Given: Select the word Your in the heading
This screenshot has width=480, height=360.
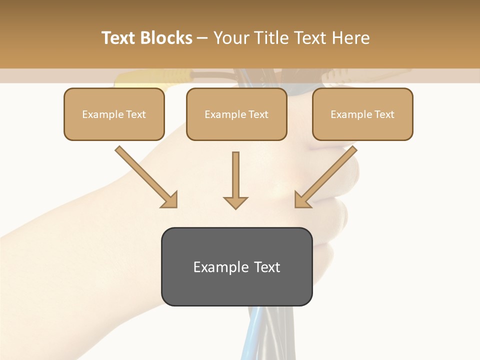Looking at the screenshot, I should click(x=231, y=38).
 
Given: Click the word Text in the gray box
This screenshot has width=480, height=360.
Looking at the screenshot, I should click(x=267, y=267).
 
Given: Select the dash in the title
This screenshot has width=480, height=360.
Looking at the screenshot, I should click(x=202, y=38).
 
